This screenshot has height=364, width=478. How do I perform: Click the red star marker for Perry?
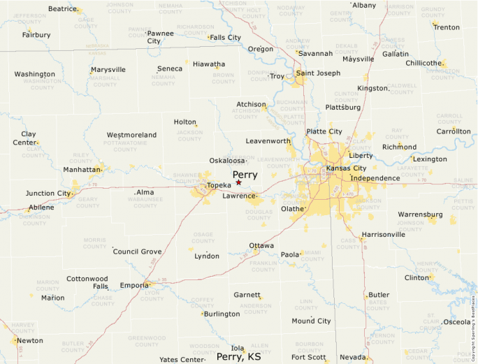(x=238, y=182)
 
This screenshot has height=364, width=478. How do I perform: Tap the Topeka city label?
(x=219, y=185)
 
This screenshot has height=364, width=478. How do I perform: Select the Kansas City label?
(x=346, y=168)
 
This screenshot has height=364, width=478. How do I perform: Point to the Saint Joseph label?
(x=318, y=73)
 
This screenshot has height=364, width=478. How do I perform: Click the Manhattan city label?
(x=82, y=169)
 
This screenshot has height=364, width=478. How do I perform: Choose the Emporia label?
(x=134, y=285)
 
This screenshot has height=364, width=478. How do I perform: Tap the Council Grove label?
(x=137, y=252)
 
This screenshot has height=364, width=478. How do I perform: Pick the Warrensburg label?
(x=420, y=214)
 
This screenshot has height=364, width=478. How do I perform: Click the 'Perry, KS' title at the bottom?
(x=239, y=357)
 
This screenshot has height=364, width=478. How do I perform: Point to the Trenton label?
(x=446, y=27)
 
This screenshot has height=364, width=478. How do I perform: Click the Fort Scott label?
(x=308, y=357)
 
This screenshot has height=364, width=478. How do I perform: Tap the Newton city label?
(x=30, y=341)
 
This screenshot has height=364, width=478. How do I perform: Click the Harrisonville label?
(x=384, y=235)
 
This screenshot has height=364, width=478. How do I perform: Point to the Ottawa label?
(x=261, y=246)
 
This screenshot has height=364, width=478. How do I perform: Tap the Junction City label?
(x=48, y=194)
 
